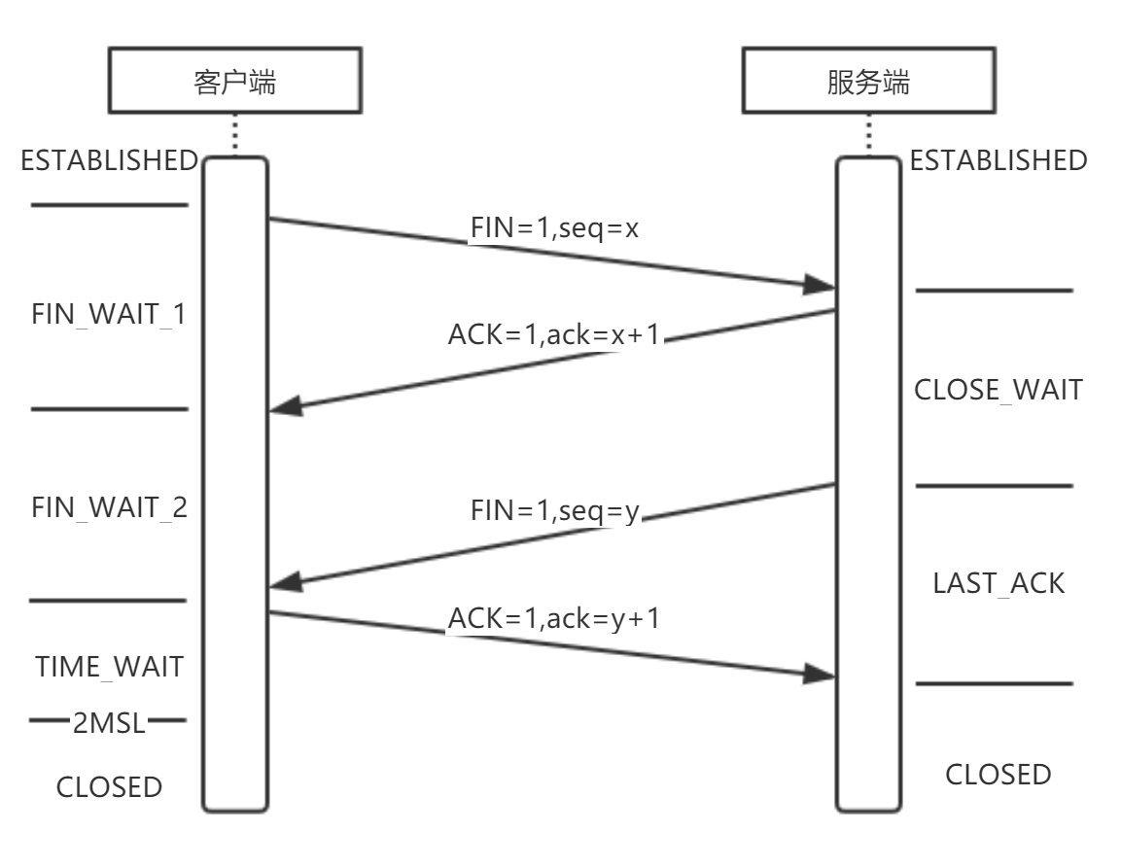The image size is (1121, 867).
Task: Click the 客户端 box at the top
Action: click(234, 83)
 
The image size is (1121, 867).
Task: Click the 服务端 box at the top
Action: click(867, 83)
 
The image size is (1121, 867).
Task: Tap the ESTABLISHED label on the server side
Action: click(998, 159)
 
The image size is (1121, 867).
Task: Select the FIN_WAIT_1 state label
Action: click(110, 316)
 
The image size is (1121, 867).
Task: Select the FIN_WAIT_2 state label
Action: click(110, 508)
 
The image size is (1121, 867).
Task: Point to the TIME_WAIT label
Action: click(110, 668)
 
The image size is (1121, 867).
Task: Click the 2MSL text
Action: click(108, 722)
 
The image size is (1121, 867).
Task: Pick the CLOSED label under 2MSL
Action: click(109, 786)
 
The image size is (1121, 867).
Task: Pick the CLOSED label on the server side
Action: click(998, 775)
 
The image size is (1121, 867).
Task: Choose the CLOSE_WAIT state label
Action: click(998, 390)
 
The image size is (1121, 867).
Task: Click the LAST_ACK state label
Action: click(998, 583)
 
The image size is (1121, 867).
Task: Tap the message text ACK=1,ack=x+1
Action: click(554, 335)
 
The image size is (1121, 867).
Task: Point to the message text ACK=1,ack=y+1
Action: click(553, 618)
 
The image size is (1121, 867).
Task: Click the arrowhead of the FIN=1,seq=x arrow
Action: click(822, 286)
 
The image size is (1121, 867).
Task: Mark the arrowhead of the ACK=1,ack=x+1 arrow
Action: click(285, 409)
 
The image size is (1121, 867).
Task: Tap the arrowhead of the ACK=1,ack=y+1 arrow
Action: click(822, 675)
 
